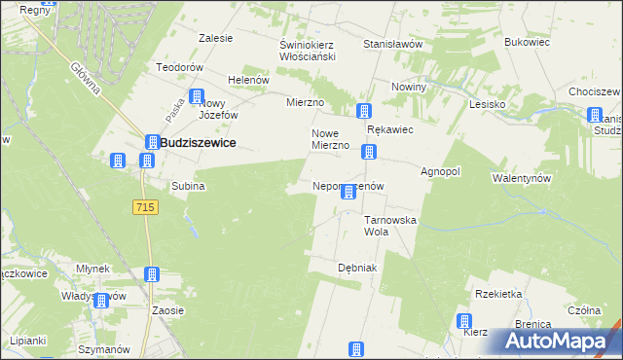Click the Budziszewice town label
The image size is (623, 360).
pyautogui.click(x=197, y=142)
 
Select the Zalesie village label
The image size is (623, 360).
pyautogui.click(x=215, y=39)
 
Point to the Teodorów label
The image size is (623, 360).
pyautogui.click(x=179, y=67)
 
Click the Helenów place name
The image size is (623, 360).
pyautogui.click(x=247, y=80)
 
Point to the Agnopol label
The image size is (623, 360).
pyautogui.click(x=440, y=171)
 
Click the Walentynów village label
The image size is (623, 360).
pyautogui.click(x=523, y=178)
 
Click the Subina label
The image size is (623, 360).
pyautogui.click(x=188, y=185)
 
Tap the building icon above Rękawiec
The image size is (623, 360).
pyautogui.click(x=364, y=112)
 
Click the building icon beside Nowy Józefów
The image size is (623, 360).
pyautogui.click(x=197, y=97)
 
